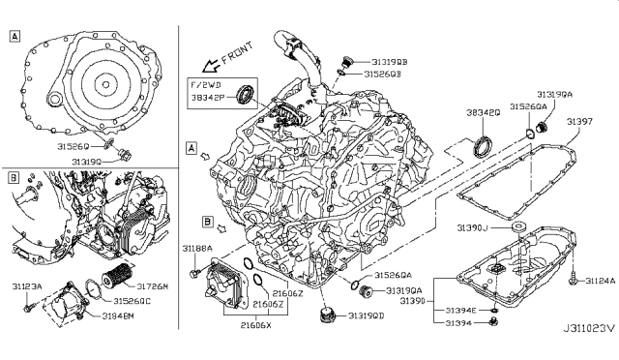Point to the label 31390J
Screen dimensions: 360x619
pos(480,227)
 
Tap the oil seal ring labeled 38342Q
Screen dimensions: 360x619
pos(482,146)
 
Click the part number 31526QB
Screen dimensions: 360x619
pos(385,73)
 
